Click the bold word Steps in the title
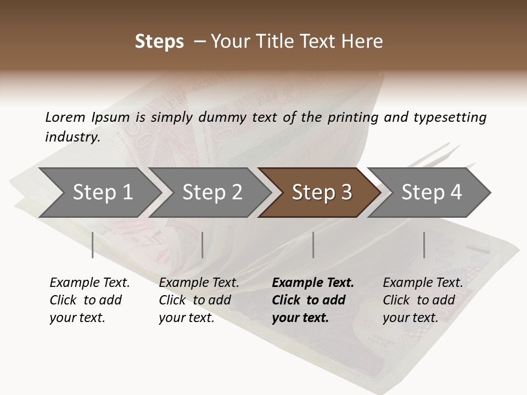[159, 42]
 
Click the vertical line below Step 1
[93, 245]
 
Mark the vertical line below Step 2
[203, 245]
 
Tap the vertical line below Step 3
[313, 245]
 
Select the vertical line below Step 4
[424, 245]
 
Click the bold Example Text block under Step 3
[313, 300]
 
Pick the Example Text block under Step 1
[89, 300]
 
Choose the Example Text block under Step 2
[199, 300]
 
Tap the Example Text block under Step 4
[423, 300]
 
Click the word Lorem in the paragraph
[65, 117]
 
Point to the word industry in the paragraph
[72, 137]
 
